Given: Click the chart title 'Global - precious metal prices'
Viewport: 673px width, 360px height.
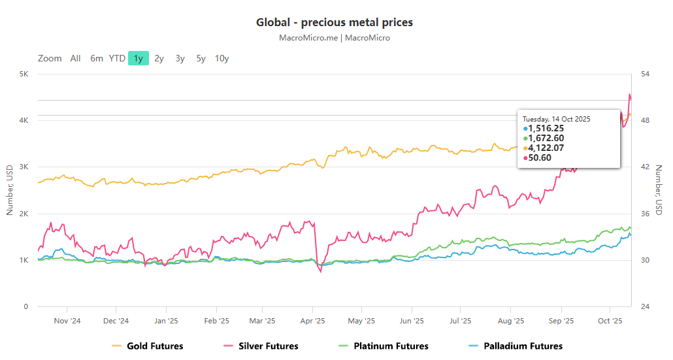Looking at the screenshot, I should click(x=334, y=23).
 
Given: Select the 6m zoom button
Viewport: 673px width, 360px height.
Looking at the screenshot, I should click(x=97, y=58).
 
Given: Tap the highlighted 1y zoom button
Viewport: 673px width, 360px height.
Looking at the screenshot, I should click(x=139, y=58).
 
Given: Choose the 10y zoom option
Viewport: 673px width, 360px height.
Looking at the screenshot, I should click(x=222, y=58).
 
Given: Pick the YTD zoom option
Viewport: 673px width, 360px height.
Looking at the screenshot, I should click(x=117, y=58).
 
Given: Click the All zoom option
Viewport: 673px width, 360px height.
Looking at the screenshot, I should click(x=76, y=58).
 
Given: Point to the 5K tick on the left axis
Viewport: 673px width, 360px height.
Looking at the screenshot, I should click(x=23, y=74).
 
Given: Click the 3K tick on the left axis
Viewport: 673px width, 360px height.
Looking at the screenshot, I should click(x=23, y=167).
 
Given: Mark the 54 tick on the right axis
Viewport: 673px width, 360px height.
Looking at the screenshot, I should click(x=645, y=74).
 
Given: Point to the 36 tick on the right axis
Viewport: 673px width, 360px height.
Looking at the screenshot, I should click(x=645, y=214).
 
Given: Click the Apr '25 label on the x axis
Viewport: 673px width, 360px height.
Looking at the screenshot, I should click(x=313, y=321).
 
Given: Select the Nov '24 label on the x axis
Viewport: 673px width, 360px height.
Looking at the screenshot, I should click(x=67, y=321).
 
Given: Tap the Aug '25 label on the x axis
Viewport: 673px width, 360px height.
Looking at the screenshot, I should click(x=511, y=321).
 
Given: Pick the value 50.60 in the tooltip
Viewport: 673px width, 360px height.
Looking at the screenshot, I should click(x=540, y=157).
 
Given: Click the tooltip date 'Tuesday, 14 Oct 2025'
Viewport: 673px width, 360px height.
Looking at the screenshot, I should click(x=556, y=119).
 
